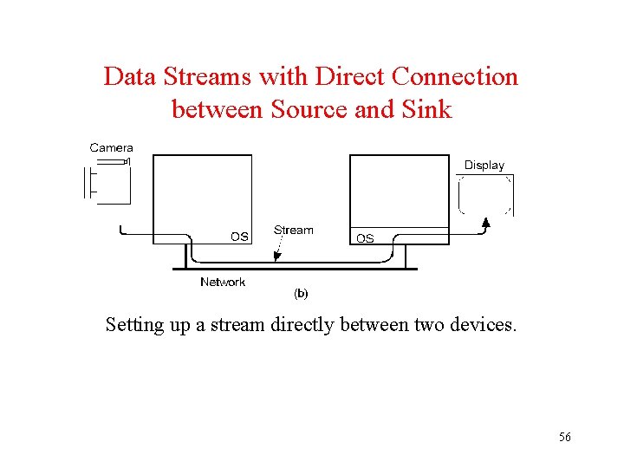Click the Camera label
(111, 148)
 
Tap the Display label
(484, 165)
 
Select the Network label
(223, 282)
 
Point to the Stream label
(294, 230)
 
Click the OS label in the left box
(239, 236)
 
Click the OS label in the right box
(365, 238)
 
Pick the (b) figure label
(301, 294)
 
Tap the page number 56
(564, 438)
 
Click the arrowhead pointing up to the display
(486, 224)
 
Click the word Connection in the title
(455, 77)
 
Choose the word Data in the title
(127, 77)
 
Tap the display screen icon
(485, 194)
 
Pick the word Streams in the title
(202, 77)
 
